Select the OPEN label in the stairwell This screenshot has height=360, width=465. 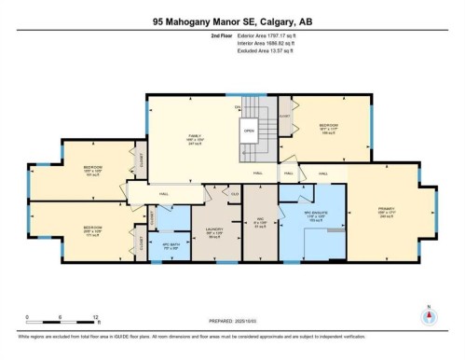click(249, 131)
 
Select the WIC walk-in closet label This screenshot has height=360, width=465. click(261, 222)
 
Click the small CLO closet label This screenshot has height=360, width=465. click(235, 193)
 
